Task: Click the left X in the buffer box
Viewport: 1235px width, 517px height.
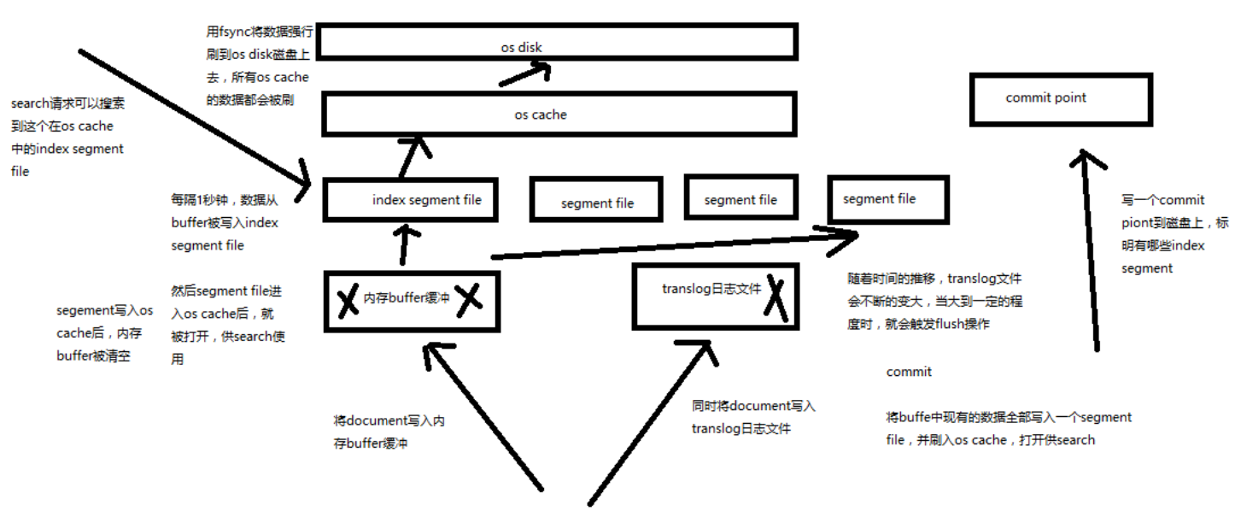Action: [x=348, y=302]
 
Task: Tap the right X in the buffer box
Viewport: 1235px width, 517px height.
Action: [x=469, y=300]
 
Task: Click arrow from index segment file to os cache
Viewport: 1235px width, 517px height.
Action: [x=413, y=157]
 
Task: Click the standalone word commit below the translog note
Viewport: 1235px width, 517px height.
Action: [x=909, y=372]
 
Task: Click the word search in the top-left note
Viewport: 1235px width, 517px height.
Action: [x=31, y=103]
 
